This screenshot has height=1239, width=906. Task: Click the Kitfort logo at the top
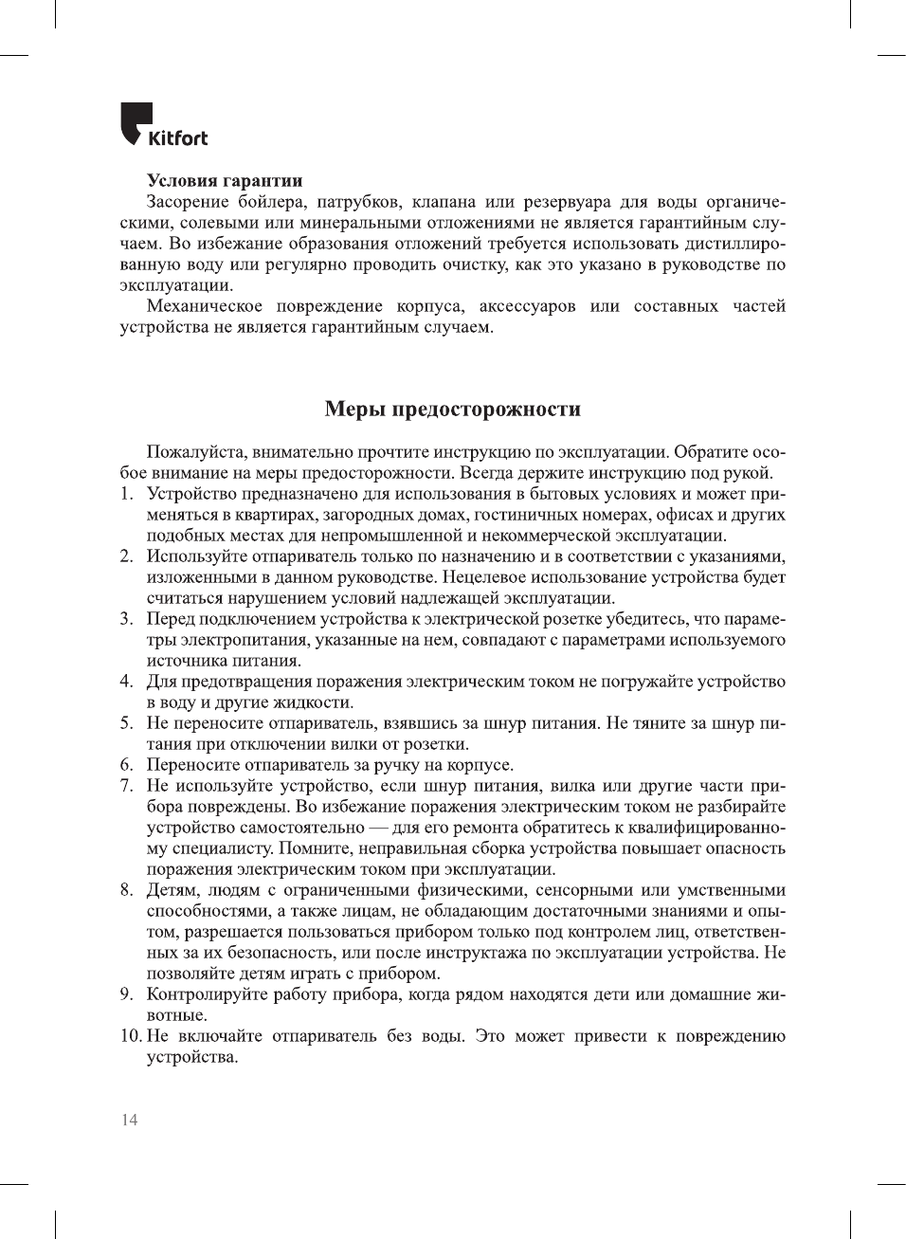coord(164,124)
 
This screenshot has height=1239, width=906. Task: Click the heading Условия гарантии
coord(225,180)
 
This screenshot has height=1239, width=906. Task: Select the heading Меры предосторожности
coord(452,409)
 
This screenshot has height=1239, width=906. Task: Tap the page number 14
coord(129,1120)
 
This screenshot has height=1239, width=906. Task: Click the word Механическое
coord(204,306)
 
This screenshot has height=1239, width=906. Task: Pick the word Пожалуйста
coord(193,452)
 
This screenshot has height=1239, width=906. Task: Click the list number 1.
coord(125,494)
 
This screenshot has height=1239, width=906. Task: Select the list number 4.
coord(125,682)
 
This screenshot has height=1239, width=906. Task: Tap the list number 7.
coord(125,786)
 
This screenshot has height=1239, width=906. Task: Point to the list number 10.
coord(130,1036)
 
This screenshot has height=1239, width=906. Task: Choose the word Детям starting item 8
coord(171,890)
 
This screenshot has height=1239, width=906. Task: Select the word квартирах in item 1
coord(277,515)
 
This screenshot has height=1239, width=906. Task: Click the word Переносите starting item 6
coord(192,765)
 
